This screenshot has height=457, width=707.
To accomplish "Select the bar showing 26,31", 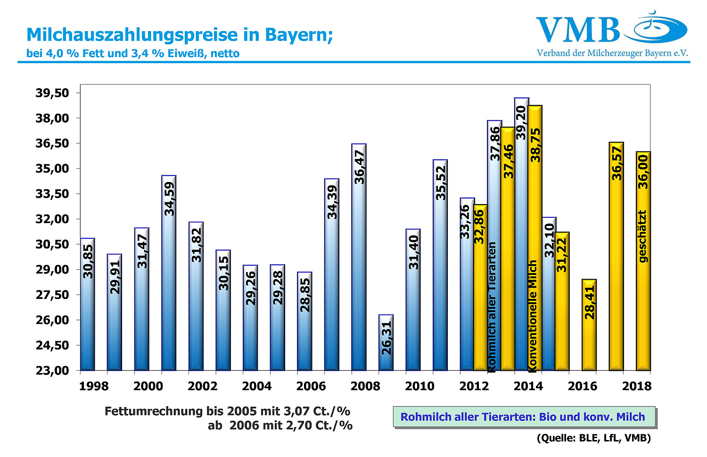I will [x=386, y=342].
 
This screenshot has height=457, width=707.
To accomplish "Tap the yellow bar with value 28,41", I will [x=589, y=325].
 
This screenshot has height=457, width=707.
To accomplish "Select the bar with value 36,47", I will [x=359, y=257].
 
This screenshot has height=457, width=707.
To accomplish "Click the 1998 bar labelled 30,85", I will [x=88, y=304].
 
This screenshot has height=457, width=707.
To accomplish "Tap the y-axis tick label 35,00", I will [x=52, y=169].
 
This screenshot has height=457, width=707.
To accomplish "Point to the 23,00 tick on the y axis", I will [x=52, y=371].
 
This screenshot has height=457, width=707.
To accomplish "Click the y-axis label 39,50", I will [x=52, y=93].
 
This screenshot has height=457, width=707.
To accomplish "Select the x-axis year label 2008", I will [x=365, y=386].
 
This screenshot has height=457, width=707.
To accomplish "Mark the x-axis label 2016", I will [x=583, y=386].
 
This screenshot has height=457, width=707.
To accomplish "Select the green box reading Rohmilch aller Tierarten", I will [x=523, y=417].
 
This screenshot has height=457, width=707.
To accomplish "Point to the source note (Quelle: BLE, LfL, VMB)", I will [x=593, y=438].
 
